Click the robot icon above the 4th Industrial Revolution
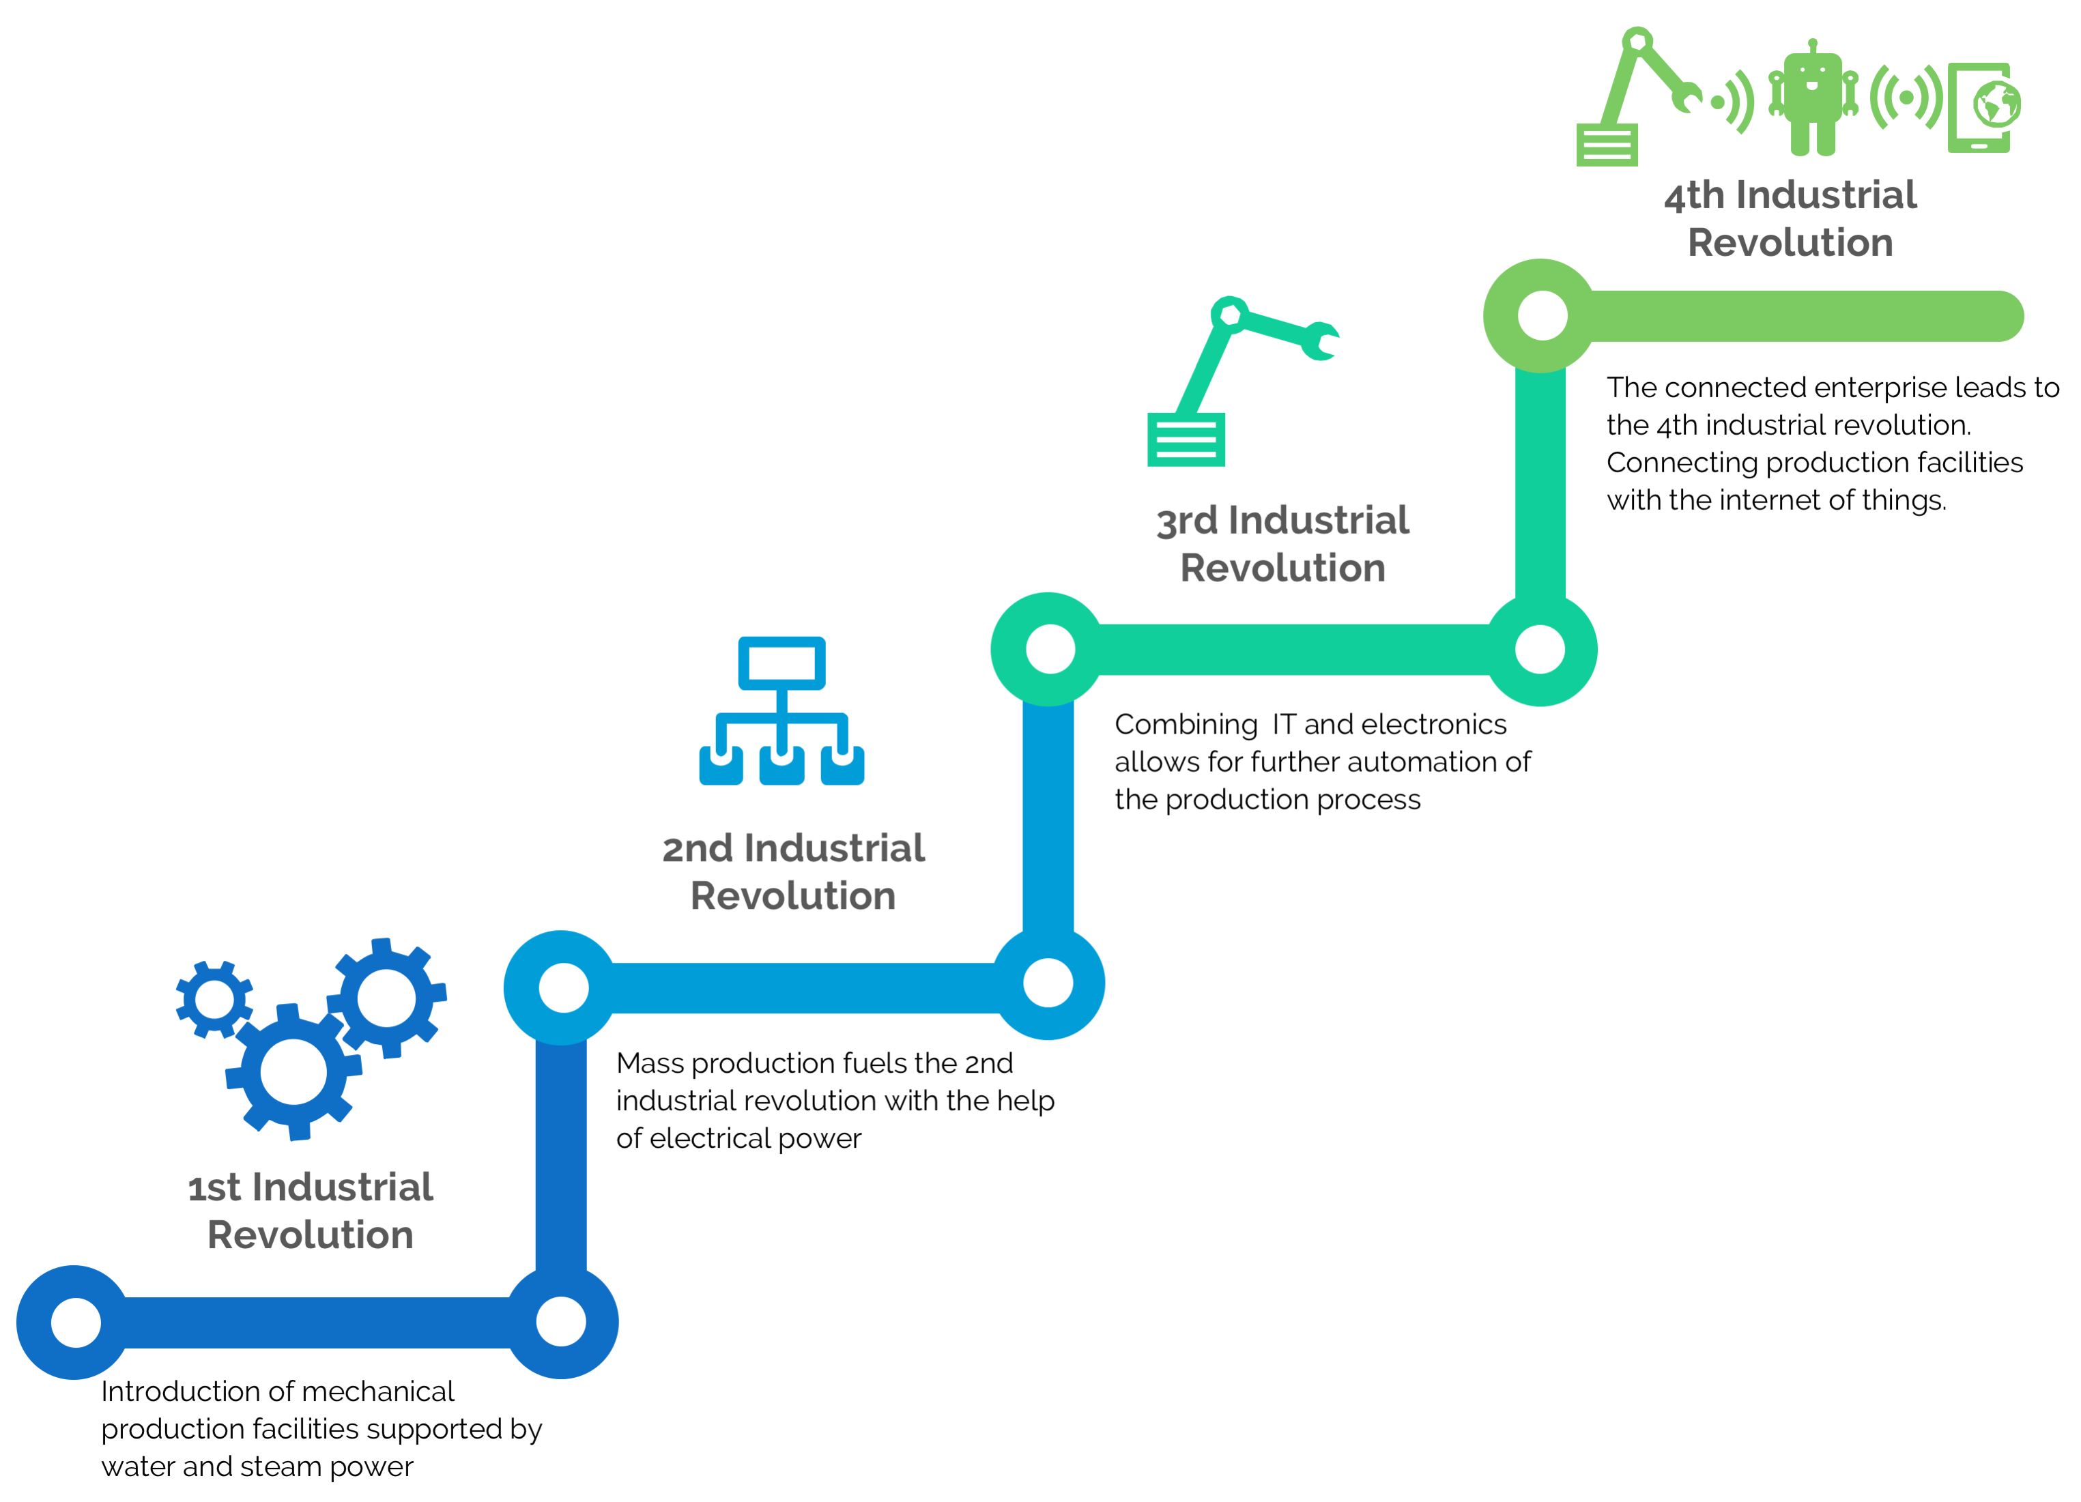coord(1812,99)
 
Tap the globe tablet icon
coord(1982,106)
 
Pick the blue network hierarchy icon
coord(781,711)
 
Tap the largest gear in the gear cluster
coord(293,1071)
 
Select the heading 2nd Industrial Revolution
coord(793,871)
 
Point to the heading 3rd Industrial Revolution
coord(1282,543)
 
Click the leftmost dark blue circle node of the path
coord(75,1322)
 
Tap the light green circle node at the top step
coord(1542,316)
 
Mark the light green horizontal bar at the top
coord(1798,316)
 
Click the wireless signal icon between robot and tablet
coord(1907,98)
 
